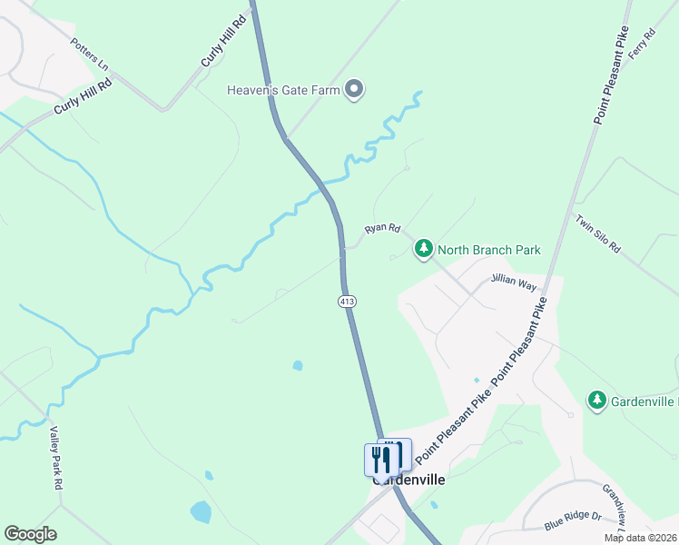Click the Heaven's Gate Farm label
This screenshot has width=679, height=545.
pyautogui.click(x=283, y=90)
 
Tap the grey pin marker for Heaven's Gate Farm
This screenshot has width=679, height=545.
pyautogui.click(x=355, y=89)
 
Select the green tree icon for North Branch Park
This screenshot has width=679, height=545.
pyautogui.click(x=423, y=250)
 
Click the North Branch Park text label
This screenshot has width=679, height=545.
pyautogui.click(x=488, y=250)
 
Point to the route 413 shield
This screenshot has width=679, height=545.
pyautogui.click(x=346, y=301)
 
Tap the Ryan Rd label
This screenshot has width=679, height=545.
pyautogui.click(x=382, y=230)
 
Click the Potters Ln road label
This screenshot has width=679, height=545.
pyautogui.click(x=89, y=54)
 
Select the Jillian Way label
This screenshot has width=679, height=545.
pyautogui.click(x=514, y=283)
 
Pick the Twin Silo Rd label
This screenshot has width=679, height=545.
pyautogui.click(x=597, y=233)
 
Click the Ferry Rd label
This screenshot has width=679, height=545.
pyautogui.click(x=647, y=45)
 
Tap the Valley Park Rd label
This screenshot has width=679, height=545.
pyautogui.click(x=55, y=458)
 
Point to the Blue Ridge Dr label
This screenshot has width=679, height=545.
pyautogui.click(x=573, y=520)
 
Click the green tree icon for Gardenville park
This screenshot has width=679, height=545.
pyautogui.click(x=596, y=400)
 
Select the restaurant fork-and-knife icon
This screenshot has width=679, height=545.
pyautogui.click(x=380, y=459)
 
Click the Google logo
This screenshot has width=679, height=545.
pyautogui.click(x=30, y=534)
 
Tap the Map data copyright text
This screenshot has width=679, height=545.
pyautogui.click(x=640, y=538)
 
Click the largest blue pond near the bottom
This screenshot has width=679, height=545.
pyautogui.click(x=201, y=511)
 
